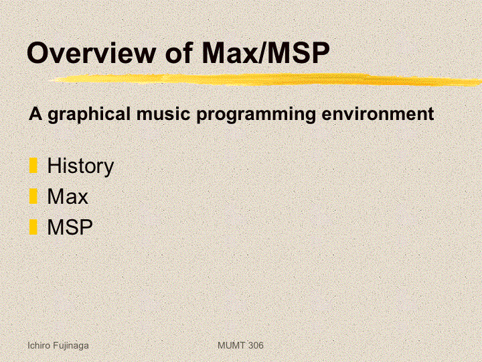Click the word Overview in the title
click(x=92, y=53)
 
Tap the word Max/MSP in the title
click(x=266, y=52)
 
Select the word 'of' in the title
click(x=179, y=53)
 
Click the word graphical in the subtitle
click(x=89, y=114)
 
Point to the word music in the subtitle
click(x=163, y=113)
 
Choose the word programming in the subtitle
click(x=256, y=115)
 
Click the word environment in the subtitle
click(x=378, y=113)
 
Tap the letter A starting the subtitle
click(x=35, y=113)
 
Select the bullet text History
click(x=80, y=166)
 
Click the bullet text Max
click(x=68, y=196)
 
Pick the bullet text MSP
click(x=70, y=227)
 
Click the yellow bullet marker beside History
click(x=33, y=166)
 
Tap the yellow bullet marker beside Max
click(x=33, y=196)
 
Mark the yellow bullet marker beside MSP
click(x=33, y=227)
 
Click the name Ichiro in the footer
click(x=39, y=345)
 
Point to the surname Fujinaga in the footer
click(x=71, y=346)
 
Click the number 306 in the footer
click(x=256, y=345)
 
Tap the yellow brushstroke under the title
click(x=266, y=79)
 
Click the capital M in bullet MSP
click(x=56, y=227)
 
